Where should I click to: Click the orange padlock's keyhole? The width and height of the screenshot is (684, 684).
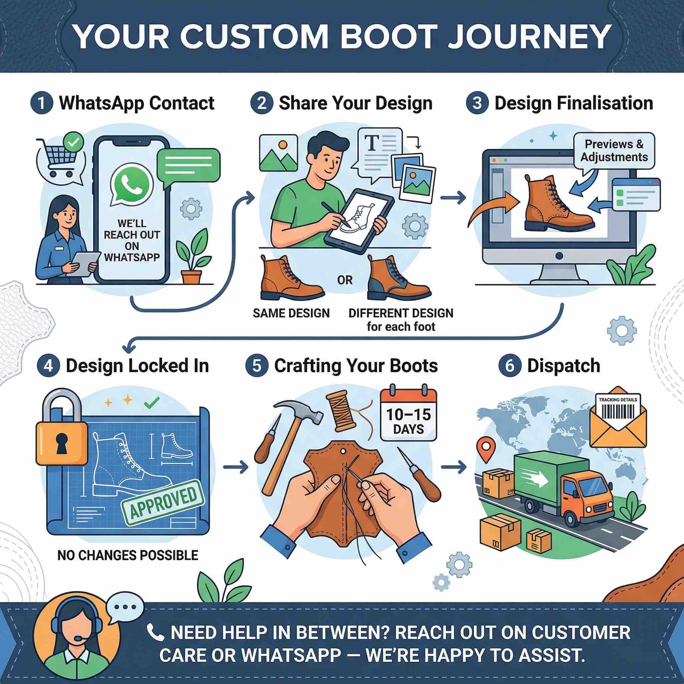[x=61, y=443]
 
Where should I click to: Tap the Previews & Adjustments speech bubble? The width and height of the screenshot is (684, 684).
[x=614, y=151]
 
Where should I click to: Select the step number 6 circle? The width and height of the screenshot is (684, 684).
[x=509, y=366]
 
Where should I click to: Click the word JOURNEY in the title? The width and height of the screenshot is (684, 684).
[x=529, y=36]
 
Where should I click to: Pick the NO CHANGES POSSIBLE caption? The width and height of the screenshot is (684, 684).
[x=128, y=555]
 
